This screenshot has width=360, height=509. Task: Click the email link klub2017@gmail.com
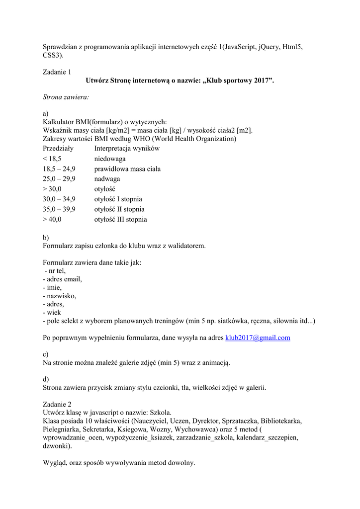(x=258, y=338)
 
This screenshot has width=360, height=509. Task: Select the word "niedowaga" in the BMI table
(x=110, y=159)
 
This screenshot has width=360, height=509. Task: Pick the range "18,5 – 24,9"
(x=59, y=169)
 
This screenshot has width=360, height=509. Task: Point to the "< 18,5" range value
(x=52, y=159)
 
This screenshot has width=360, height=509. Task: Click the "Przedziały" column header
(x=58, y=149)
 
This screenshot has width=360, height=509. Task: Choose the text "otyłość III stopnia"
(x=121, y=219)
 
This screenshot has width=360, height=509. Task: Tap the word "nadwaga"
(x=107, y=179)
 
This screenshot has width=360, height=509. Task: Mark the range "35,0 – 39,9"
(x=59, y=209)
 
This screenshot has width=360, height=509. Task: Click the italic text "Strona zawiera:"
(x=66, y=97)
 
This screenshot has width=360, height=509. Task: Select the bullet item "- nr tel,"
(x=55, y=271)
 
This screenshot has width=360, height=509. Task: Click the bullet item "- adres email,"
(x=63, y=279)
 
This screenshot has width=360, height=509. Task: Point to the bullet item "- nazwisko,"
(x=60, y=296)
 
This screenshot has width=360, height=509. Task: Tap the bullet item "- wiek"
(x=52, y=313)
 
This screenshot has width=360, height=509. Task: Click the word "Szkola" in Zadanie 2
(x=160, y=413)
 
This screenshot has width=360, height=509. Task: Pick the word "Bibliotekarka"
(x=280, y=421)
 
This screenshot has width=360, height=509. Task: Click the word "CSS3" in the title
(x=52, y=55)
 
